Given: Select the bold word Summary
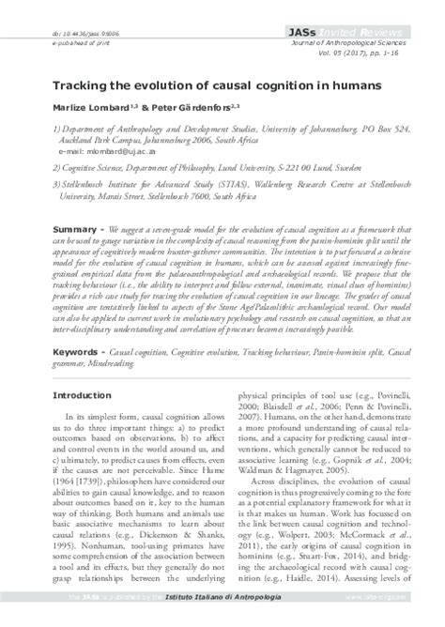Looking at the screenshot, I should click(x=72, y=229).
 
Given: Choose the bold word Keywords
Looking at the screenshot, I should click(x=75, y=351).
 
